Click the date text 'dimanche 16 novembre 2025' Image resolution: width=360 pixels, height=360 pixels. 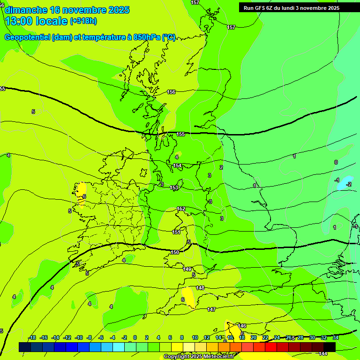[67, 10]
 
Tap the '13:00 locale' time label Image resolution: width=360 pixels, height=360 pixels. [36, 21]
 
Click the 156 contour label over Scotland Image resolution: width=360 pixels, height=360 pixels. [171, 92]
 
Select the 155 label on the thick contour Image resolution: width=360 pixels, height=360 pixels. [181, 135]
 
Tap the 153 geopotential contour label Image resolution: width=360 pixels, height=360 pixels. [174, 187]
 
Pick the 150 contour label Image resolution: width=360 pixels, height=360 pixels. [174, 252]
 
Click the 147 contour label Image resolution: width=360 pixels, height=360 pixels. [211, 309]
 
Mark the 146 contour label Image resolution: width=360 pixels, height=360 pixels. [242, 326]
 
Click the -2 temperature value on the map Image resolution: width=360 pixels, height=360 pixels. [348, 184]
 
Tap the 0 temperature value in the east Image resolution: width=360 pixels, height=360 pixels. [336, 162]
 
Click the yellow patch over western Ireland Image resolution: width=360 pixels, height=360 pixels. [79, 193]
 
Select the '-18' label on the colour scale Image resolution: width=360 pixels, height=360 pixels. [32, 337]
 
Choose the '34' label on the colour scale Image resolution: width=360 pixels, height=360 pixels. [336, 337]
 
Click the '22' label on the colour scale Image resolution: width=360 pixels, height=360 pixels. [265, 337]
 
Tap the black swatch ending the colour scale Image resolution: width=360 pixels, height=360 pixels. [330, 346]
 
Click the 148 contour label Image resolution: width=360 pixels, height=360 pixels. [200, 288]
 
